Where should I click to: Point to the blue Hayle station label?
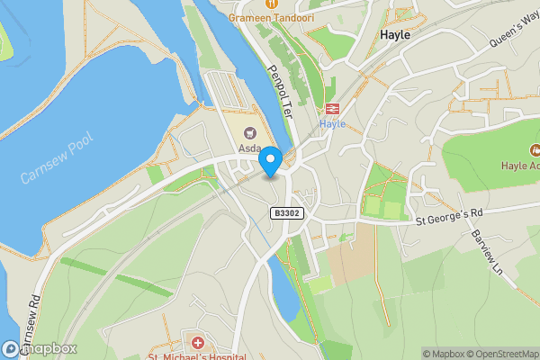point(332,124)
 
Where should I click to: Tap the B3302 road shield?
point(285,212)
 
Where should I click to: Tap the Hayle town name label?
point(395,34)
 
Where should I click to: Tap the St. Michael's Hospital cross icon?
point(197,342)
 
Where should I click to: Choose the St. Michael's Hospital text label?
point(197,356)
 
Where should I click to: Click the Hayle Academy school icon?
point(535,149)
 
